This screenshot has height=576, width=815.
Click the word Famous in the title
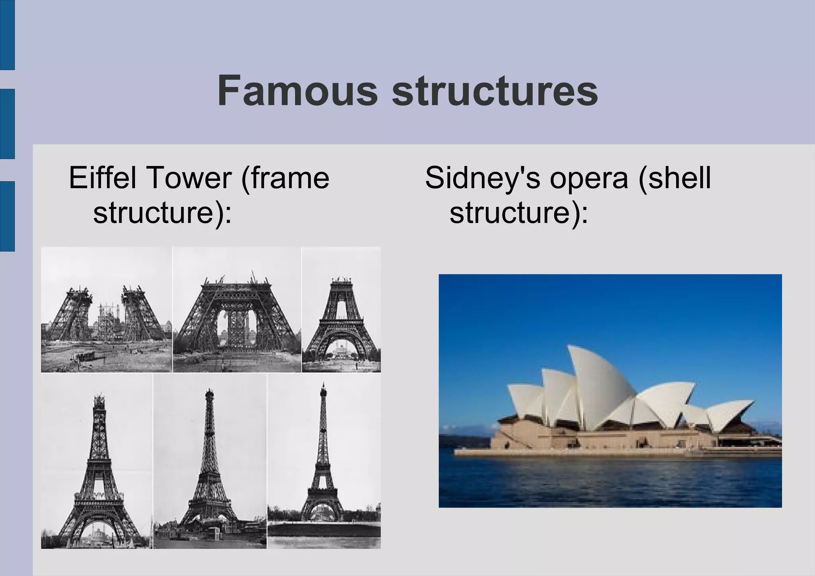297,91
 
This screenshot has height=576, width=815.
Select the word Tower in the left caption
189,178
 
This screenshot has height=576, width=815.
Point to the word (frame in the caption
285,178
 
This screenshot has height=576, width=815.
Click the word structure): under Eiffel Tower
162,213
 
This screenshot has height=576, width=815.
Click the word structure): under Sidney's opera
519,213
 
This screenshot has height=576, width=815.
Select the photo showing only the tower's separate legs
107,310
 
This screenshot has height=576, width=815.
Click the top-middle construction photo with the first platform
237,310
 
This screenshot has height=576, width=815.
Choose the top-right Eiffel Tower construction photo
341,310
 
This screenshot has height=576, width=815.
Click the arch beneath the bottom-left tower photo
97,529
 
